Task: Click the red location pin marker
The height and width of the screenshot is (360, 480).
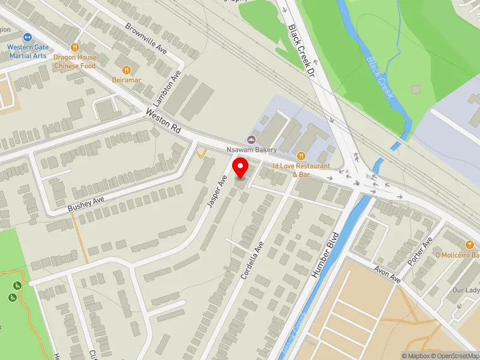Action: pos(241,167)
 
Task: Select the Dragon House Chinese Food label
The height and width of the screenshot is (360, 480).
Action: pos(74,61)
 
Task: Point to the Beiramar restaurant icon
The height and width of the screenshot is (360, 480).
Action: pos(126,69)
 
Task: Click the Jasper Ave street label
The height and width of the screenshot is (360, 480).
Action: pos(217,191)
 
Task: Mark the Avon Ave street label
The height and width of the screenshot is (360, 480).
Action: pos(388,274)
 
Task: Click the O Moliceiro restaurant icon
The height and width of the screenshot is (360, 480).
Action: pos(470,244)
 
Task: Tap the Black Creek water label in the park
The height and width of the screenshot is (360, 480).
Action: pos(379,70)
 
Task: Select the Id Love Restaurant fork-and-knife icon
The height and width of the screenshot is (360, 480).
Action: pos(301,155)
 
